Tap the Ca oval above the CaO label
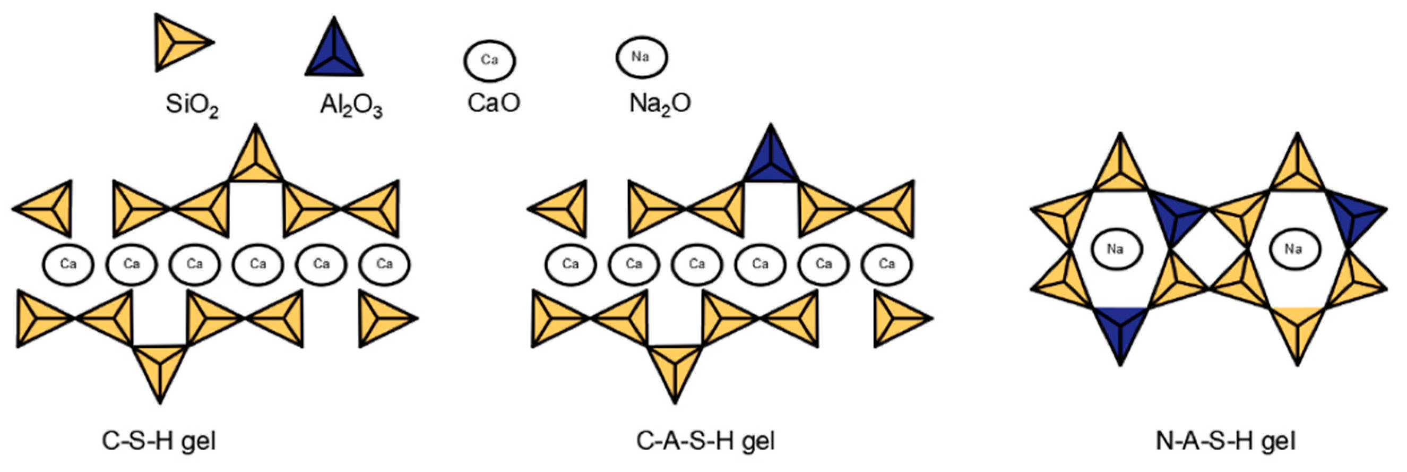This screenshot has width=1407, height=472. [x=490, y=60]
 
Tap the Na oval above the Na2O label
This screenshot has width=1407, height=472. [x=641, y=57]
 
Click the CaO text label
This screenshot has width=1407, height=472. [x=493, y=102]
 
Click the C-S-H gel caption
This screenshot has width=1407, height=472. [x=159, y=440]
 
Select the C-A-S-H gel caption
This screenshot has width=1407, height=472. [x=705, y=440]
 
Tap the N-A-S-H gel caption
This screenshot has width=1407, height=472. [x=1225, y=440]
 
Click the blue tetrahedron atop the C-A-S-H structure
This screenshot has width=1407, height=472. [x=771, y=161]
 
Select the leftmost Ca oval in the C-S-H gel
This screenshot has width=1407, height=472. [x=68, y=264]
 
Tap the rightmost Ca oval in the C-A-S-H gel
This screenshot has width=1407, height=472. [x=886, y=264]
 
